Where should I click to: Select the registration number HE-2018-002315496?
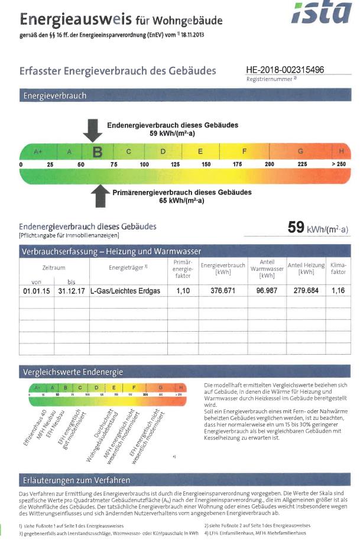(285, 70)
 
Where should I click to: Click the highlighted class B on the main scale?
(98, 151)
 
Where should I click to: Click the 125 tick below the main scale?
(175, 163)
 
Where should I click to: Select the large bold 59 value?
(296, 228)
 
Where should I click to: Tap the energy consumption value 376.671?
(223, 291)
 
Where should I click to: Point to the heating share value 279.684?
(306, 291)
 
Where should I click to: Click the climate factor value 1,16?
(338, 291)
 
